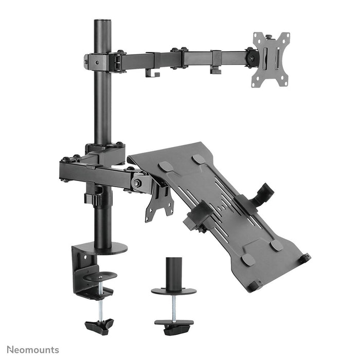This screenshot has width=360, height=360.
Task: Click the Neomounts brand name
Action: pos(32,350)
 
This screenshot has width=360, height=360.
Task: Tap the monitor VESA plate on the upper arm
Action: pos(271,59)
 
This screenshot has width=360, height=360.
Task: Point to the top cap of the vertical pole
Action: pos(103,22)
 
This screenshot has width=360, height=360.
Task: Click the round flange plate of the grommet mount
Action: pos(174,291)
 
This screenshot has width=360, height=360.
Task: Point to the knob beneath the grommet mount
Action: pos(174,325)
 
